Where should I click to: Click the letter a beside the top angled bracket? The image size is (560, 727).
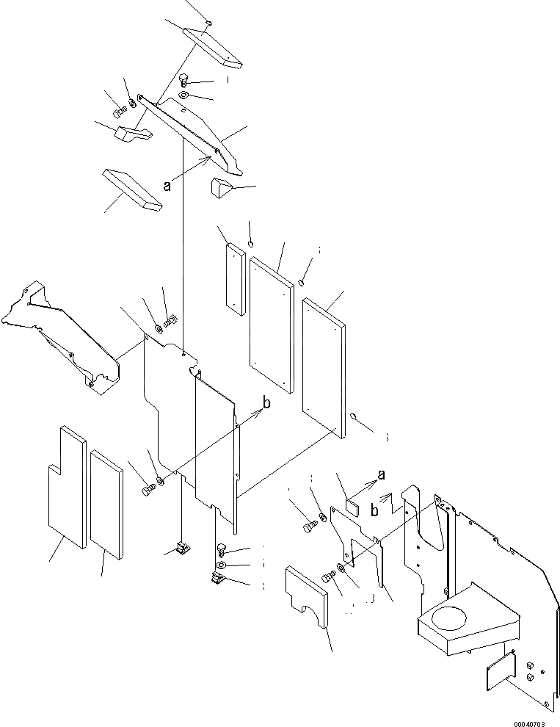[167, 186]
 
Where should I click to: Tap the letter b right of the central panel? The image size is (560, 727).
[266, 402]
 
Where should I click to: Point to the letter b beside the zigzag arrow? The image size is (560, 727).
[374, 507]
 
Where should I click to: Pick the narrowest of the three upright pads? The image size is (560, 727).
[234, 278]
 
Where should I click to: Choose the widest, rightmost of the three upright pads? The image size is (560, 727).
[323, 366]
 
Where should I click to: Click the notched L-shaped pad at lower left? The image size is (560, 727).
[65, 487]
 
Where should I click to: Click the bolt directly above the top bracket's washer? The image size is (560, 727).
[183, 80]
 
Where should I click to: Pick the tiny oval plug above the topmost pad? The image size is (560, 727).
[210, 23]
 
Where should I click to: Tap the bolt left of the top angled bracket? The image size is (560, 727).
[119, 112]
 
